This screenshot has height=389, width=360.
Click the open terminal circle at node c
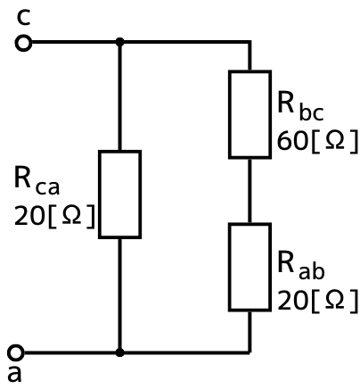tap(23, 43)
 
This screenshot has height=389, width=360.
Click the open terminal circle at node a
tap(15, 353)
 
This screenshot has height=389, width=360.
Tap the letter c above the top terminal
tap(23, 18)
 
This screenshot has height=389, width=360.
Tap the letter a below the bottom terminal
tap(15, 374)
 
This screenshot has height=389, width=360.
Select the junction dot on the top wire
tap(119, 42)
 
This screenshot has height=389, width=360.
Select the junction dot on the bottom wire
tap(119, 352)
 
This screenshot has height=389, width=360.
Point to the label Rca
tap(37, 181)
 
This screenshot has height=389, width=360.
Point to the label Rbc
tap(300, 106)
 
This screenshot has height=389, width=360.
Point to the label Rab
tap(300, 265)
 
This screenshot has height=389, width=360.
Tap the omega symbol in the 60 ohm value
tap(335, 140)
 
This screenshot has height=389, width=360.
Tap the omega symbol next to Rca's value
tap(71, 215)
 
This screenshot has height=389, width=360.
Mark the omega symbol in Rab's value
tap(335, 300)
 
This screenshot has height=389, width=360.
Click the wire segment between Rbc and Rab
tap(250, 191)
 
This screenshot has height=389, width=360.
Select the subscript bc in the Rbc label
tap(311, 113)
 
